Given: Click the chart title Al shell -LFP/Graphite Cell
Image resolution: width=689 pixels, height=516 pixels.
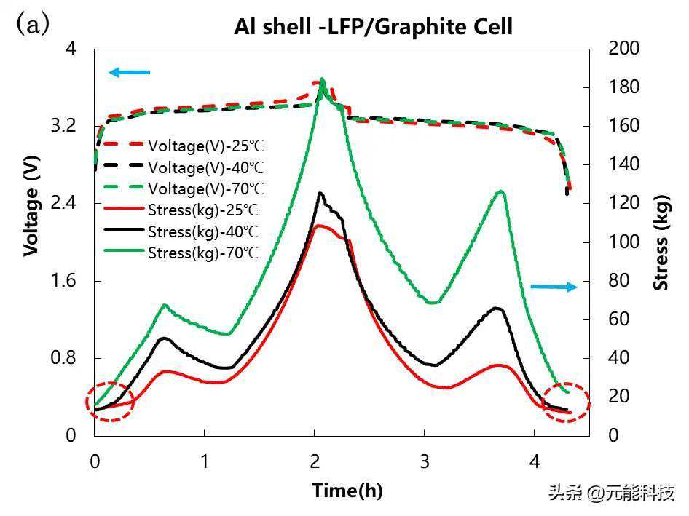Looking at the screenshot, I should pyautogui.click(x=373, y=27).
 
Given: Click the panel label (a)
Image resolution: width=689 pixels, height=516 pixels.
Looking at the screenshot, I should pyautogui.click(x=33, y=24).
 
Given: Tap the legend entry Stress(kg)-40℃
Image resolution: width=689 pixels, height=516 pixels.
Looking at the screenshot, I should pyautogui.click(x=203, y=232).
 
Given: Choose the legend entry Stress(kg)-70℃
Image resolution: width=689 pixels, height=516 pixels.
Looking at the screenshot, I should pyautogui.click(x=203, y=253).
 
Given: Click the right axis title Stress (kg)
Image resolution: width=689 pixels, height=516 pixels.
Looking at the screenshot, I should pyautogui.click(x=661, y=242).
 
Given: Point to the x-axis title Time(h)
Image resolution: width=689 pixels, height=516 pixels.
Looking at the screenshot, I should pyautogui.click(x=347, y=490).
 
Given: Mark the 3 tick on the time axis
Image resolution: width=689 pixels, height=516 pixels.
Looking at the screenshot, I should pyautogui.click(x=425, y=461).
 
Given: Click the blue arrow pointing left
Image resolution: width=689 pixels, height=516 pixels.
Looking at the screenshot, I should pyautogui.click(x=129, y=72).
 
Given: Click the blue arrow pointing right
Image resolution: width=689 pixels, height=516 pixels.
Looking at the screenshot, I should pyautogui.click(x=554, y=287).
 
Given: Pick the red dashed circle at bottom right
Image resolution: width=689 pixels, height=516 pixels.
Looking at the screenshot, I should pyautogui.click(x=567, y=402).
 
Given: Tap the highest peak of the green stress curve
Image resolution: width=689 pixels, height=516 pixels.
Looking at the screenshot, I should pyautogui.click(x=322, y=79).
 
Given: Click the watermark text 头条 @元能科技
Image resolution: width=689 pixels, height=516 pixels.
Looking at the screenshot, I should pyautogui.click(x=611, y=493).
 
